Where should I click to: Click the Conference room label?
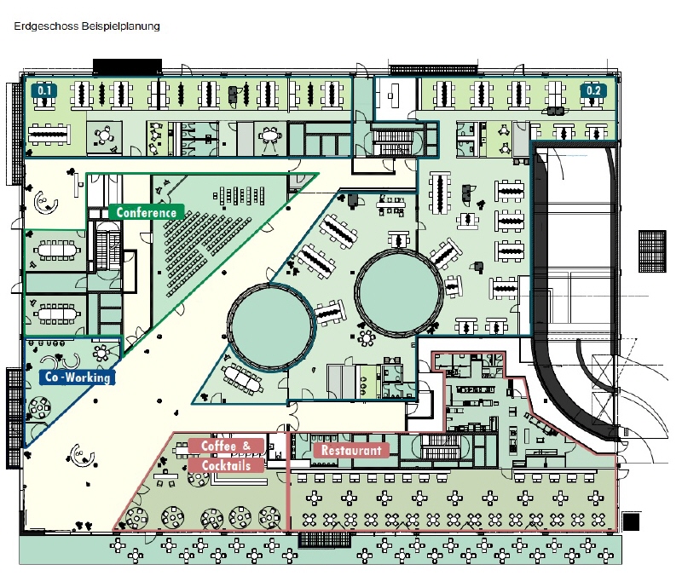pyautogui.click(x=146, y=212)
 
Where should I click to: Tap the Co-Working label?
pyautogui.click(x=78, y=377)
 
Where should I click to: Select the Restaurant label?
pyautogui.click(x=351, y=451)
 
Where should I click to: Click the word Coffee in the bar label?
pyautogui.click(x=218, y=446)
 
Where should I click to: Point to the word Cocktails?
pyautogui.click(x=226, y=465)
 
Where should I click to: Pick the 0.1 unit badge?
pyautogui.click(x=44, y=91)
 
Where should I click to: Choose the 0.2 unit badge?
pyautogui.click(x=593, y=90)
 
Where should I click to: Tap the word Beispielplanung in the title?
pyautogui.click(x=120, y=26)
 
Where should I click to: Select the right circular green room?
pyautogui.click(x=399, y=291)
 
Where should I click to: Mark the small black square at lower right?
pyautogui.click(x=631, y=521)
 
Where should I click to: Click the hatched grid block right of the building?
pyautogui.click(x=652, y=251)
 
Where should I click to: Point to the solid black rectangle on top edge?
pyautogui.click(x=127, y=66)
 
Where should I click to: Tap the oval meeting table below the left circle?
pyautogui.click(x=242, y=378)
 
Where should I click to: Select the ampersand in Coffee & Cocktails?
pyautogui.click(x=246, y=446)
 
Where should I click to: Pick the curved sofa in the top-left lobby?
pyautogui.click(x=45, y=202)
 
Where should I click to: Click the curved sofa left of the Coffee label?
pyautogui.click(x=82, y=455)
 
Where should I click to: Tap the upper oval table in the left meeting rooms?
pyautogui.click(x=56, y=251)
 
